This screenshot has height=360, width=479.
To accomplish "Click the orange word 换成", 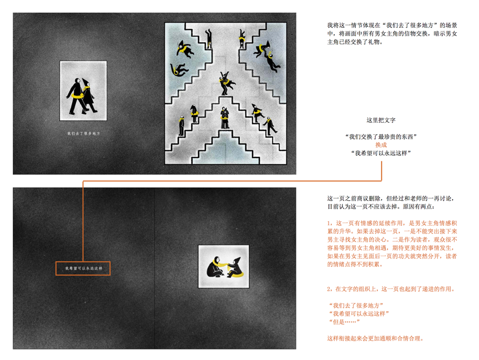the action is point(381,145).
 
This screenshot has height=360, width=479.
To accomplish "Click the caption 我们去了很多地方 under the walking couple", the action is point(83,134).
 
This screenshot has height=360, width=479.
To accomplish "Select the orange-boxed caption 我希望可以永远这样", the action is point(83,268).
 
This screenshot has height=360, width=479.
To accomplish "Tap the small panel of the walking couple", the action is point(83,90).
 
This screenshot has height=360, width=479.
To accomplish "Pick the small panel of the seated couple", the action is point(224,266).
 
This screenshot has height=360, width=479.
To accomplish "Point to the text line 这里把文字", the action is point(381,120).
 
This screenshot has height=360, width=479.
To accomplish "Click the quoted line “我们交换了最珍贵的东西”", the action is point(381,136).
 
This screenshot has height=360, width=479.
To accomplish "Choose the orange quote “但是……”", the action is point(344,322).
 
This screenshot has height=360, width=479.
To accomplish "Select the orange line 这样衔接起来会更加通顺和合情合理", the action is point(375,338).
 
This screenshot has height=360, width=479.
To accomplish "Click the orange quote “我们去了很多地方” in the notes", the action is point(356,305).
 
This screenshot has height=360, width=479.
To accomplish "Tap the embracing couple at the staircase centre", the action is point(226,83).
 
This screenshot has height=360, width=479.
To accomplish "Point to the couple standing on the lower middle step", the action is point(225,118).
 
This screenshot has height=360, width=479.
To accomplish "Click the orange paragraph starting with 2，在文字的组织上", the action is point(391,289).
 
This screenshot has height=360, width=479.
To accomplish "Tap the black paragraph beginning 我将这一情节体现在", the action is point(392,34).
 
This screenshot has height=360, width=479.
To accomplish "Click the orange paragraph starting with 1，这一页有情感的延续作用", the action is point(392,244).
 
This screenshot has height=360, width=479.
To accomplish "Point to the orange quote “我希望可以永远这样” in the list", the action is point(359,313).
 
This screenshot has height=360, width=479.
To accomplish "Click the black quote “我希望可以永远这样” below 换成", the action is point(381,153).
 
